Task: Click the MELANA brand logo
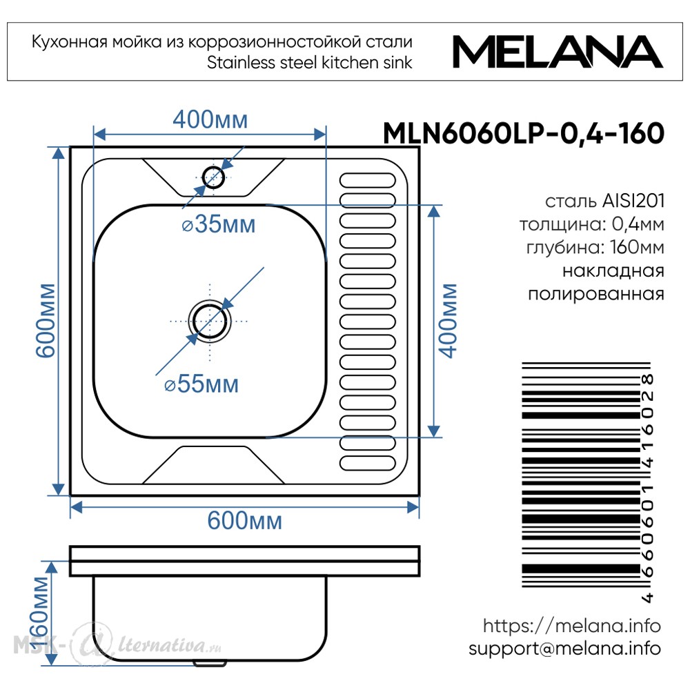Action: point(558,52)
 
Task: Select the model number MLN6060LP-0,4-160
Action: point(524,133)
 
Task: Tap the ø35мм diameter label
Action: point(219,224)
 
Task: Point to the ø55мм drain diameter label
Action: point(201,384)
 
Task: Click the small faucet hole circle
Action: point(213,178)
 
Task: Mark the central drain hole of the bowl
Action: point(210,322)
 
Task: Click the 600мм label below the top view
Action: point(245,521)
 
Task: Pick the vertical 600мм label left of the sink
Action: point(46,320)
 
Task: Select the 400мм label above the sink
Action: point(210,119)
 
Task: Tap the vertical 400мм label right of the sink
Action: point(448,321)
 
